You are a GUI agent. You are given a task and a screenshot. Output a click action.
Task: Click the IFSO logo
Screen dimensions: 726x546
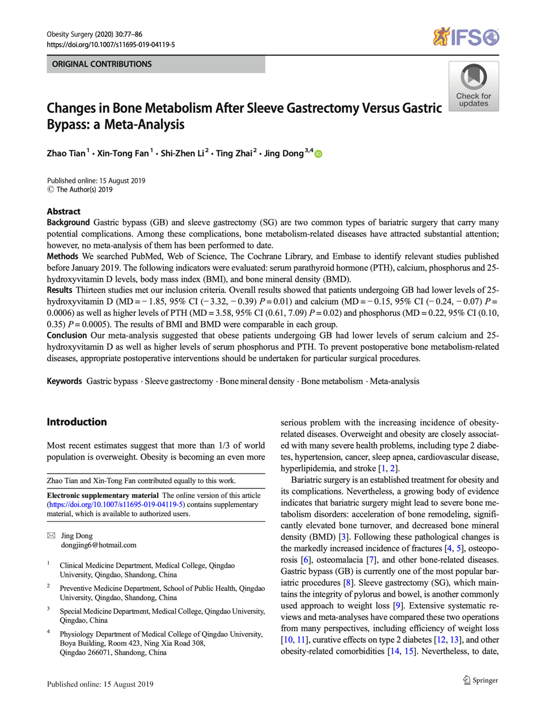tap(465, 37)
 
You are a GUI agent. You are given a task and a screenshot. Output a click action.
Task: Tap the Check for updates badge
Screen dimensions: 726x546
tap(473, 86)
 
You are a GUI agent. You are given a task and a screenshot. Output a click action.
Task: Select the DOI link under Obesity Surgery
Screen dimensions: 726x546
tap(111, 44)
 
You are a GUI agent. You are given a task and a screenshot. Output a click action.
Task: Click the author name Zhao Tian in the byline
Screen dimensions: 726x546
tap(66, 154)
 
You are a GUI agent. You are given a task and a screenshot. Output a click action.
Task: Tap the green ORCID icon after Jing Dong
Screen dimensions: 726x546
tap(319, 154)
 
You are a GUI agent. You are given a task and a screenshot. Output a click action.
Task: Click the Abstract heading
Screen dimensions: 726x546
tap(64, 212)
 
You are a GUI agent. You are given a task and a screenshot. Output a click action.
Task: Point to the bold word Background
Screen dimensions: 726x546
tap(68, 222)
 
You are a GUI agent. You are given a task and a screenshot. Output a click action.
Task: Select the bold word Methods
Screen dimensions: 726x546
tap(62, 256)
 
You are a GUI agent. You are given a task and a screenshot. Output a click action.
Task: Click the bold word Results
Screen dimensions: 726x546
tap(60, 290)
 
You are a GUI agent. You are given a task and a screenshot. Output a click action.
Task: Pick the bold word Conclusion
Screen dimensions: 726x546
tap(67, 335)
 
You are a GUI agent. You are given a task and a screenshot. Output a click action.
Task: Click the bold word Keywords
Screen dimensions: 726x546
tap(64, 381)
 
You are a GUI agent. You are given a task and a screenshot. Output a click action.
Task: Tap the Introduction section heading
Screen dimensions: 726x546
tap(77, 422)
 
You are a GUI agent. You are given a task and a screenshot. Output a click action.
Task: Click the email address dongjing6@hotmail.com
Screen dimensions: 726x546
tap(99, 545)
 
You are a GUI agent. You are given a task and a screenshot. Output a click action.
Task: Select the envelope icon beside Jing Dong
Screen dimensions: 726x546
tap(52, 535)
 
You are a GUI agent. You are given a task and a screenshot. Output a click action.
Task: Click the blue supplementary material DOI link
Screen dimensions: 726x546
tap(116, 504)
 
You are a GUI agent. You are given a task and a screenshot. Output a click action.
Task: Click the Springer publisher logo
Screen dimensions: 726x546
tap(480, 680)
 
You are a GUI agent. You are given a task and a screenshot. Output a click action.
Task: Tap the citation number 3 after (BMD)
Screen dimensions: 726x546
tap(344, 537)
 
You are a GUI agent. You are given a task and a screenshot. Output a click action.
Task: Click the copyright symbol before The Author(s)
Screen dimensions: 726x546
tap(50, 189)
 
